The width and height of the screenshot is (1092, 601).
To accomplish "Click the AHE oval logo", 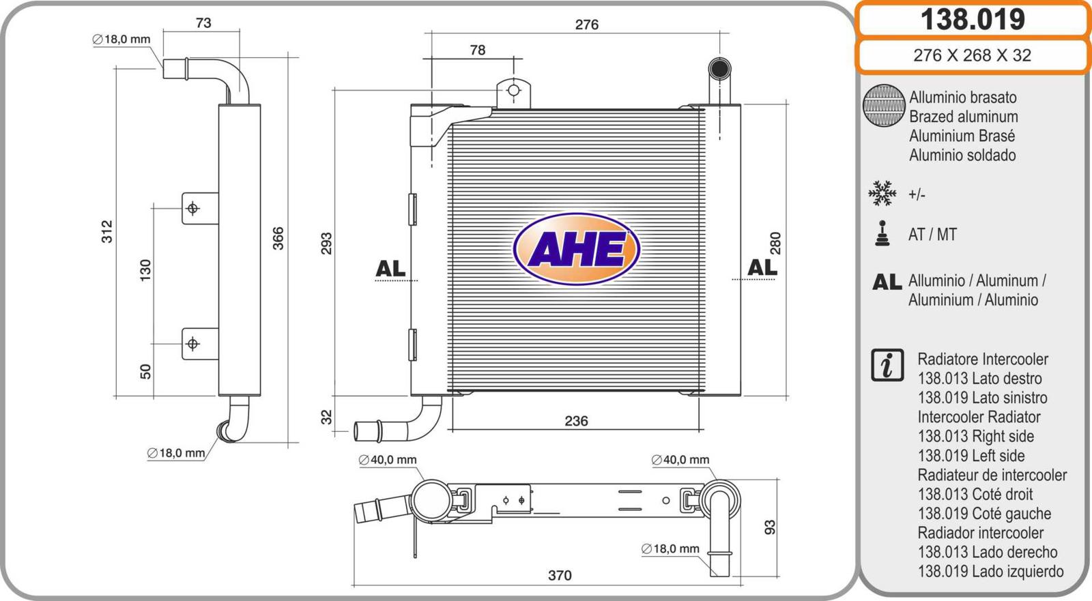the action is pos(576,248).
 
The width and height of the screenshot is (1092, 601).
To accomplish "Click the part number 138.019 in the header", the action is pos(973,20).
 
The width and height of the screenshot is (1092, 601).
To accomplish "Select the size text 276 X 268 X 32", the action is pos(973,55).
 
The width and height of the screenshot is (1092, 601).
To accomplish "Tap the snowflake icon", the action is pos(882,193).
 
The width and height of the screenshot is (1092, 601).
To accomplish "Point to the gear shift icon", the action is pos(882,233).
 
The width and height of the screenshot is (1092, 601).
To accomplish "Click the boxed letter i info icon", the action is pos(887,365).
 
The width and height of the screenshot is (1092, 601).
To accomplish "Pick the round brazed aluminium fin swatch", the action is pos(884,105).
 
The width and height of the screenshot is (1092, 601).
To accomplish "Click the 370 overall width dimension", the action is pos(560,575).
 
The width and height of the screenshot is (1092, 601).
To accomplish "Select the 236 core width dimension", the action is pos(576,421).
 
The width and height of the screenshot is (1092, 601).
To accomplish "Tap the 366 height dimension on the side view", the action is pos(278,238).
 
